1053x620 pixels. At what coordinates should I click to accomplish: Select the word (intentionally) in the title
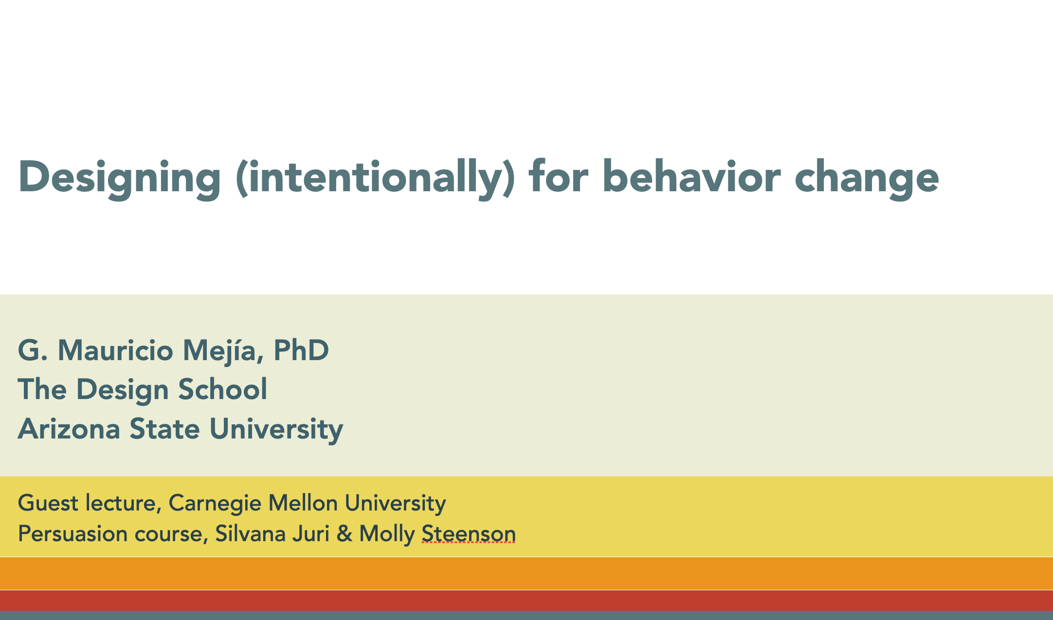pyautogui.click(x=375, y=178)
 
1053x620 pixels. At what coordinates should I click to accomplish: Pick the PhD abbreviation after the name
pyautogui.click(x=301, y=350)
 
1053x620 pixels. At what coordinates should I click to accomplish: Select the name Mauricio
pyautogui.click(x=115, y=350)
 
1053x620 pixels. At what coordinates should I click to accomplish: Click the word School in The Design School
pyautogui.click(x=223, y=389)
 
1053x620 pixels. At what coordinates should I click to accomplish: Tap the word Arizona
pyautogui.click(x=69, y=429)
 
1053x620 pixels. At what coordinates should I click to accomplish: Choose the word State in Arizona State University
pyautogui.click(x=164, y=429)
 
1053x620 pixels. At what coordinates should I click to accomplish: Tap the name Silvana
pyautogui.click(x=250, y=534)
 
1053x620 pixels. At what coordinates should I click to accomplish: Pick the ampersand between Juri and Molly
pyautogui.click(x=345, y=534)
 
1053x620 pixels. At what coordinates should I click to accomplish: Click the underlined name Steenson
pyautogui.click(x=469, y=534)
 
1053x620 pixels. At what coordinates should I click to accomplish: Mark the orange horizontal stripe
pyautogui.click(x=526, y=573)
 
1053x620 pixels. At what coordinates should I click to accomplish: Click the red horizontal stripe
pyautogui.click(x=526, y=601)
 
